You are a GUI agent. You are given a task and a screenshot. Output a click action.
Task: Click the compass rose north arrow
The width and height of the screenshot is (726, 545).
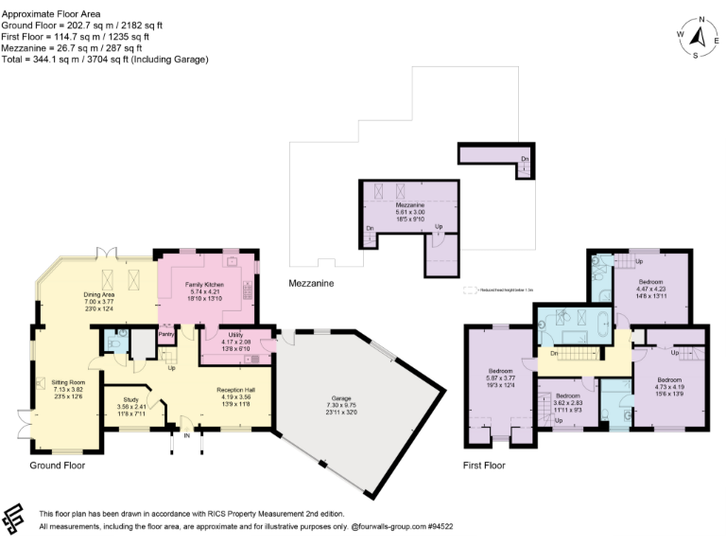pos(700,37)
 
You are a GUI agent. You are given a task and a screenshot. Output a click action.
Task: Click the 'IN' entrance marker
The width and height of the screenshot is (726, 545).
pos(185,437)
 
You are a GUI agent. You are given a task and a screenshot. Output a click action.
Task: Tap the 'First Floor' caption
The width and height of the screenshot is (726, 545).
pos(484,465)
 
